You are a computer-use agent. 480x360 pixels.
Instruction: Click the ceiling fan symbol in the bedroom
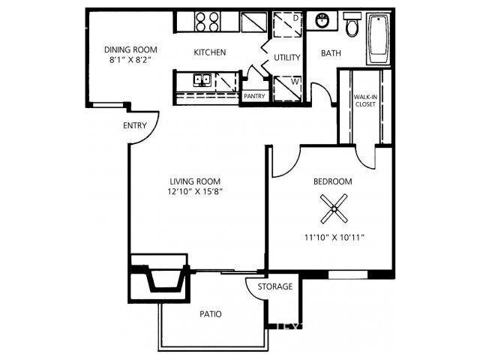(x=334, y=209)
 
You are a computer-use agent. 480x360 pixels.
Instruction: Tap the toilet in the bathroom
(x=352, y=25)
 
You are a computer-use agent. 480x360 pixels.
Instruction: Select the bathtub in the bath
(x=379, y=38)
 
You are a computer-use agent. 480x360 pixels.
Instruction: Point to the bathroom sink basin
(x=322, y=20)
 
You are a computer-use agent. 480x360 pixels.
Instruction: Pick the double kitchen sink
(x=202, y=80)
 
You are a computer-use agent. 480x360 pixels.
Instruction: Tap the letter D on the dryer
(x=295, y=18)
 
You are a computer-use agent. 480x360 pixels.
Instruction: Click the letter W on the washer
(x=295, y=82)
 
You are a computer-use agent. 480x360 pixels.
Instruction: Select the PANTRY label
(x=254, y=96)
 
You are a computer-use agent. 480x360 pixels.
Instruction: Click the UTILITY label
(x=286, y=58)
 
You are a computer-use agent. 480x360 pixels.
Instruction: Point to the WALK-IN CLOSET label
(x=365, y=100)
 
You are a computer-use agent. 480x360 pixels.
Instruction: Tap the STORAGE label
(x=275, y=286)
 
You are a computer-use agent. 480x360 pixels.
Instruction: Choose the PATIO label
(x=210, y=314)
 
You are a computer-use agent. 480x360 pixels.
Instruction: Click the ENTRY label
(x=135, y=125)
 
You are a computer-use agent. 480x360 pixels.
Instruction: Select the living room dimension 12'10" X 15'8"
(x=195, y=192)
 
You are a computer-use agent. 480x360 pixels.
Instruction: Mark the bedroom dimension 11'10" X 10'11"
(x=334, y=237)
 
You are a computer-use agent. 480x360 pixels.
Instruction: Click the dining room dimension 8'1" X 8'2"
(x=130, y=60)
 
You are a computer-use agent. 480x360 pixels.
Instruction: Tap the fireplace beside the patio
(x=157, y=278)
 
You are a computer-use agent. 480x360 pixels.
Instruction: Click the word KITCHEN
(x=210, y=52)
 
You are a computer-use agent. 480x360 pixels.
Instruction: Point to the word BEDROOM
(x=333, y=181)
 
